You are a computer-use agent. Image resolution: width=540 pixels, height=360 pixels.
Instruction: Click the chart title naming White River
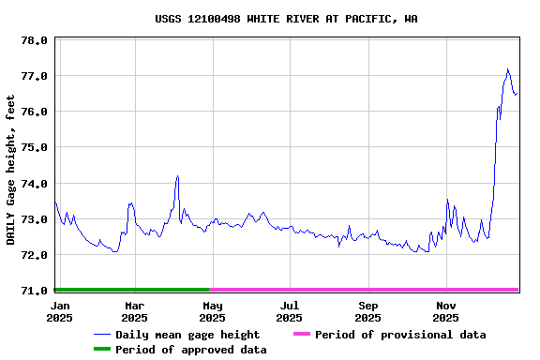coord(286,19)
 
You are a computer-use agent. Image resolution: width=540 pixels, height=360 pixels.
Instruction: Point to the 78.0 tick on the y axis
coord(34,40)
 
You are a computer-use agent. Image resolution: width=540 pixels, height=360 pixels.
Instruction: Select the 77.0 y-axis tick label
coord(34,76)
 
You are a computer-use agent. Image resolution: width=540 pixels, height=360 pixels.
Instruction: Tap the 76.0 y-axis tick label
coord(34,112)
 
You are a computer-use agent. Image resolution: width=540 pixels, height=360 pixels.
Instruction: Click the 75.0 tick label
coord(34,147)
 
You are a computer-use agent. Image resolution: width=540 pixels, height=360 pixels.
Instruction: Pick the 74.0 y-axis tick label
coord(34,183)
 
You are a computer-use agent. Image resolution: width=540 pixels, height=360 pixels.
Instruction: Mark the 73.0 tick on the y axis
coord(34,219)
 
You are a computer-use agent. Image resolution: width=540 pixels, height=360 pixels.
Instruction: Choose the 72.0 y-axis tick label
coord(34,255)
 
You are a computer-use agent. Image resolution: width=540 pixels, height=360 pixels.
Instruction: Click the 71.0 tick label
coord(34,291)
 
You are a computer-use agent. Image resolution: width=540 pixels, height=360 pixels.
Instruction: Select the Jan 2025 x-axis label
coord(59,311)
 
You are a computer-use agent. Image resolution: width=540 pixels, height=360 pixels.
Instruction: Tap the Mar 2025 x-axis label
coord(134,311)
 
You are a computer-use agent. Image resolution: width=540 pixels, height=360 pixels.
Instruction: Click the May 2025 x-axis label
coord(213,311)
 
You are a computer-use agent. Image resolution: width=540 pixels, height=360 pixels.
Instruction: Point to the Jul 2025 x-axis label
coord(291,311)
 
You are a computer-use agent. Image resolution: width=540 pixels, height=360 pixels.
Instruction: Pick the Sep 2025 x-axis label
coord(368,311)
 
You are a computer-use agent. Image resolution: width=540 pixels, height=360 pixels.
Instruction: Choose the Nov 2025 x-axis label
coord(446,311)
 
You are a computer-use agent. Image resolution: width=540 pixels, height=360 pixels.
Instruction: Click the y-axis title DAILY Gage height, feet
coord(11,170)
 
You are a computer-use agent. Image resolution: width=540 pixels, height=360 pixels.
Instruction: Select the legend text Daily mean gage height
coord(187,335)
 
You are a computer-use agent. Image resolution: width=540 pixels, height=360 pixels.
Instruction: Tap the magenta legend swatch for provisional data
coord(301,335)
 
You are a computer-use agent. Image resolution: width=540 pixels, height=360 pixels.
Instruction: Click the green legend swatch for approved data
coord(101,350)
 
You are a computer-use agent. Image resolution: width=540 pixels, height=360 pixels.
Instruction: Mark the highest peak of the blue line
coord(507,69)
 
